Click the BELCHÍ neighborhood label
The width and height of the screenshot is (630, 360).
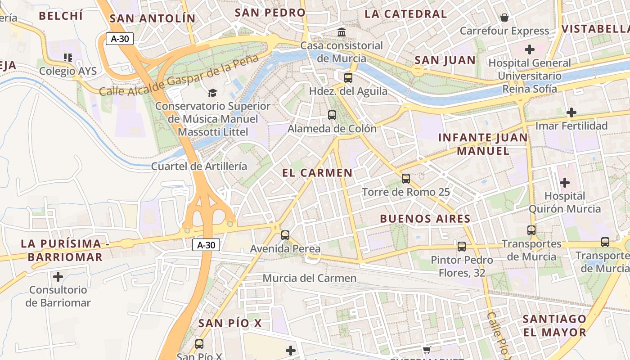tap(61, 16)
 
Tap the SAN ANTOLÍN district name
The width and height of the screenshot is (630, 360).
tap(153, 18)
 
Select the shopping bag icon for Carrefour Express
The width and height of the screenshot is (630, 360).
tap(504, 18)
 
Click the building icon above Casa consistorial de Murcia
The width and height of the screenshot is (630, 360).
tap(342, 32)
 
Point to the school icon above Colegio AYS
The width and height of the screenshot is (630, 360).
tap(68, 58)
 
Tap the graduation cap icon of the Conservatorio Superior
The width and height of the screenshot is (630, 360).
tap(212, 93)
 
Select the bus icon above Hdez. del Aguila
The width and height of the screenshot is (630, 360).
tap(348, 77)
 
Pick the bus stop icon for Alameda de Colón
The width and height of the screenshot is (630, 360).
tap(332, 115)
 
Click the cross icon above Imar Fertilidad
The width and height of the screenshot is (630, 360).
tap(571, 112)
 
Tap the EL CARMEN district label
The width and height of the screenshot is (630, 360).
tap(317, 173)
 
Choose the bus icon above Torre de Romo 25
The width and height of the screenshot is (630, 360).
tap(406, 179)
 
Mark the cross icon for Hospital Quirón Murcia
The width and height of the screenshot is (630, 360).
tap(564, 183)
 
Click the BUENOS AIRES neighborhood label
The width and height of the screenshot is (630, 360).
tap(425, 219)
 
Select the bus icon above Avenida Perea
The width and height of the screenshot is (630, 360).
tap(285, 235)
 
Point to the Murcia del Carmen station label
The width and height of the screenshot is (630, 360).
tap(310, 278)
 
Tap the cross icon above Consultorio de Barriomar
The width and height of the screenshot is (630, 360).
tap(58, 276)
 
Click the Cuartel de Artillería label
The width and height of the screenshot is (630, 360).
tap(199, 166)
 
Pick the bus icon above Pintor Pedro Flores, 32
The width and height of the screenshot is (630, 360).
tap(462, 246)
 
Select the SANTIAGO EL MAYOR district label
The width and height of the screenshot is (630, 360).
tap(554, 326)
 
